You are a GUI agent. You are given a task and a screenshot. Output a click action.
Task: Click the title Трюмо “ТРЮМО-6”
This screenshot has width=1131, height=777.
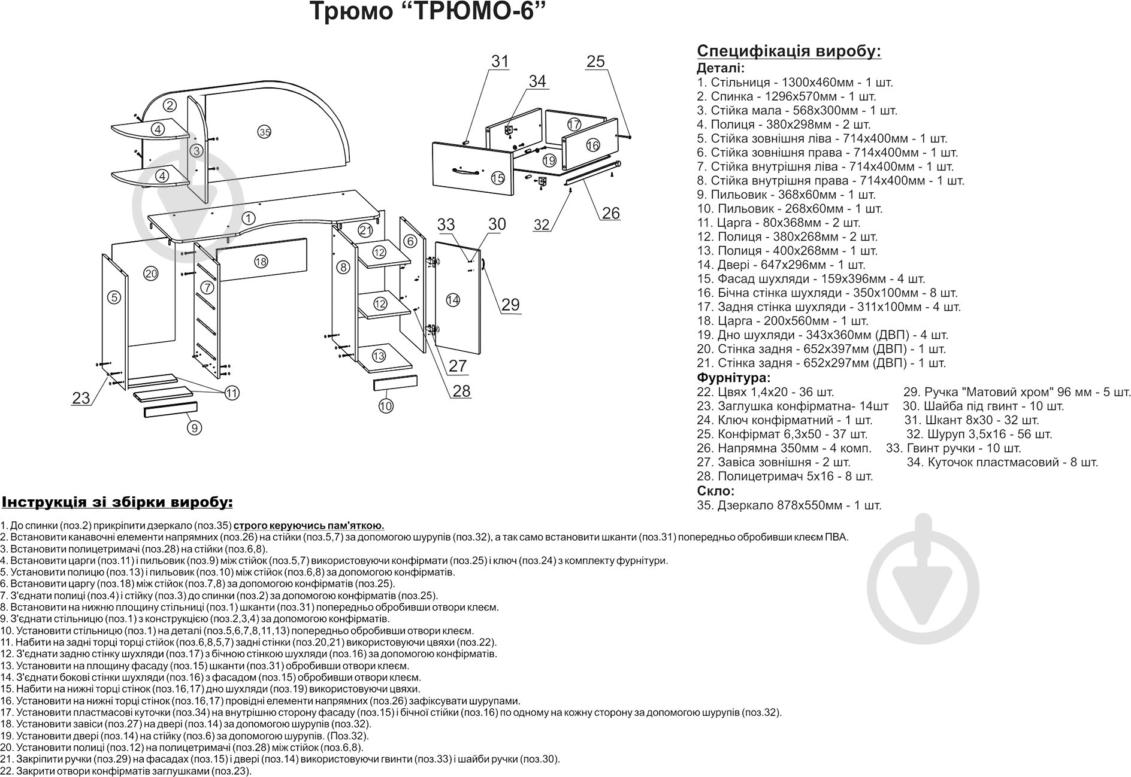pyautogui.click(x=428, y=12)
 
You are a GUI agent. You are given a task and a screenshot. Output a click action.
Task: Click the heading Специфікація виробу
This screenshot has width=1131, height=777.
pyautogui.click(x=789, y=51)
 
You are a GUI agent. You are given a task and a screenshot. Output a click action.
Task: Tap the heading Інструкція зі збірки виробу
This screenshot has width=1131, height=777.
pyautogui.click(x=117, y=501)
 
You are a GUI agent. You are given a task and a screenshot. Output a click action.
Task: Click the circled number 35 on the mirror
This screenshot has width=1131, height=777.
pyautogui.click(x=265, y=132)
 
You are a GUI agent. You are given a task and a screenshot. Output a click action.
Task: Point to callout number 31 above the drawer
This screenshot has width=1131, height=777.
pyautogui.click(x=500, y=61)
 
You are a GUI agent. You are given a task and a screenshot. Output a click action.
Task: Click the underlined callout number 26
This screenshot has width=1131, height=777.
pyautogui.click(x=610, y=213)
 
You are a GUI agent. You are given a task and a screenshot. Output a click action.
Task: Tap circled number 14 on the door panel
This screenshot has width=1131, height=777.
pyautogui.click(x=453, y=300)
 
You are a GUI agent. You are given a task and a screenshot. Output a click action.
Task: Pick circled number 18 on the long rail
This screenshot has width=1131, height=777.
pyautogui.click(x=261, y=261)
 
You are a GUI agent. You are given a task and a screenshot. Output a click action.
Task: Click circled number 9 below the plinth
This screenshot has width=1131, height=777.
pyautogui.click(x=194, y=427)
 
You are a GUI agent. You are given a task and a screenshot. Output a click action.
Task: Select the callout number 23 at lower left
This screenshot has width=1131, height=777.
pyautogui.click(x=81, y=397)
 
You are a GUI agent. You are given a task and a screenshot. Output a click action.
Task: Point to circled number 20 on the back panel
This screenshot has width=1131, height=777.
pyautogui.click(x=150, y=274)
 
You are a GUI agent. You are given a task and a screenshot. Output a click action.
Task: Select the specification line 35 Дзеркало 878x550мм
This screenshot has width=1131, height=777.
pyautogui.click(x=789, y=505)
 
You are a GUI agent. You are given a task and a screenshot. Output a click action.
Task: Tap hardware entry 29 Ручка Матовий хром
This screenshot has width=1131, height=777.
pyautogui.click(x=1017, y=392)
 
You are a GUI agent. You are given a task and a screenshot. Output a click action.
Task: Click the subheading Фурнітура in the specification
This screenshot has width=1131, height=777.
pyautogui.click(x=733, y=378)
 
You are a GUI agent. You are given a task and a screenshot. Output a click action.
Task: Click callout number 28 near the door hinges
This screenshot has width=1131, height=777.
pyautogui.click(x=461, y=391)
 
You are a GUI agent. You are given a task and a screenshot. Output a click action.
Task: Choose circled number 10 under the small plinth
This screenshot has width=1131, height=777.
pyautogui.click(x=386, y=406)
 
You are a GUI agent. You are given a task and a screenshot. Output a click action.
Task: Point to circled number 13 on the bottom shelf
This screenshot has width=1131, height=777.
pyautogui.click(x=379, y=356)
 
